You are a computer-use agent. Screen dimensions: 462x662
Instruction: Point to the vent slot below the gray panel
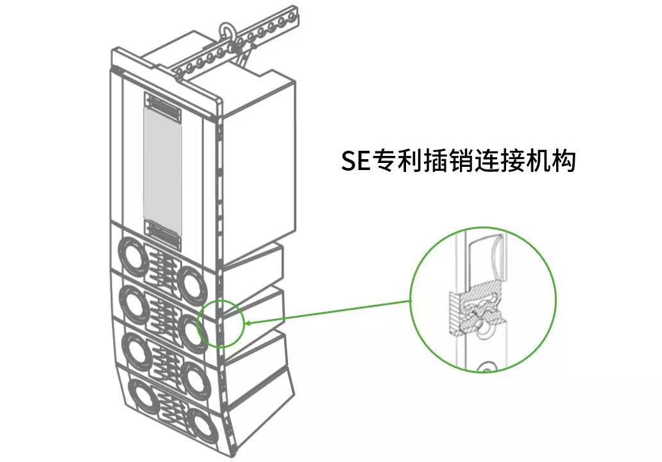(162, 234)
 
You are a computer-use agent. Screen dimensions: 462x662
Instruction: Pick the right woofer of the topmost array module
(191, 280)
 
